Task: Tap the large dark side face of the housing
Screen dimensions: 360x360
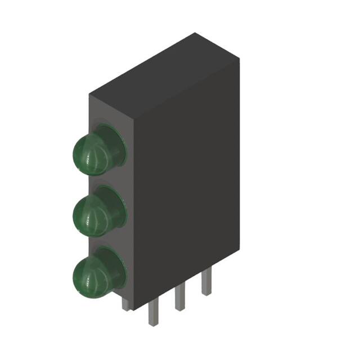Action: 186,186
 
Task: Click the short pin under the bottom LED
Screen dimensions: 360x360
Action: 126,304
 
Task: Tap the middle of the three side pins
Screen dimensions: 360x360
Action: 179,298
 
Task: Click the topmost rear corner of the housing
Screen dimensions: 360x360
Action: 195,33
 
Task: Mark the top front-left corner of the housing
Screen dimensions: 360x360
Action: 89,94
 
